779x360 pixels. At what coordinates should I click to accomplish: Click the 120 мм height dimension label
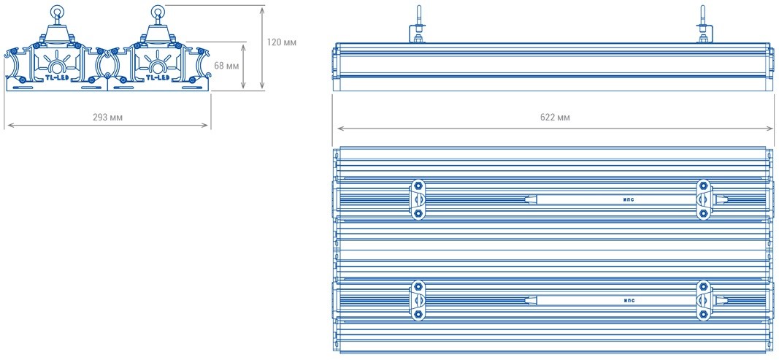[281, 42]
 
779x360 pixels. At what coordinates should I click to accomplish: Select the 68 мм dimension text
[226, 66]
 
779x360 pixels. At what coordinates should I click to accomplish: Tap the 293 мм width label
[107, 117]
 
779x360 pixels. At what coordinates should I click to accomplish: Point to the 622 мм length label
[556, 117]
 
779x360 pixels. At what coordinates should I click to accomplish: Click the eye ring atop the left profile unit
[56, 11]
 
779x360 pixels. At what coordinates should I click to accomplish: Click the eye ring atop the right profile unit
[157, 11]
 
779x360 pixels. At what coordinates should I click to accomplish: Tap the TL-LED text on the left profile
[56, 77]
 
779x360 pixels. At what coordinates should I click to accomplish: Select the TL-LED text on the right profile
[157, 77]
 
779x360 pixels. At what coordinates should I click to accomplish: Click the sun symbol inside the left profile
[56, 58]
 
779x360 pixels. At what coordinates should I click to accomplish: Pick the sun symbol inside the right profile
[157, 58]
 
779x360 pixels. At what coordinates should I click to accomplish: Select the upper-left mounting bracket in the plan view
[418, 199]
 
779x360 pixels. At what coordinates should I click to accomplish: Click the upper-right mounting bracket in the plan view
[703, 199]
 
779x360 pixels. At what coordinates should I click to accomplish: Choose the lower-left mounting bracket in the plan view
[418, 300]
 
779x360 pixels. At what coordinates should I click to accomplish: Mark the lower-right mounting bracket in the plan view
[703, 300]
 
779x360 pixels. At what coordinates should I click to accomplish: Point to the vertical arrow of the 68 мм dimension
[242, 66]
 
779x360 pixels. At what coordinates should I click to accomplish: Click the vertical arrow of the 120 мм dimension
[262, 47]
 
